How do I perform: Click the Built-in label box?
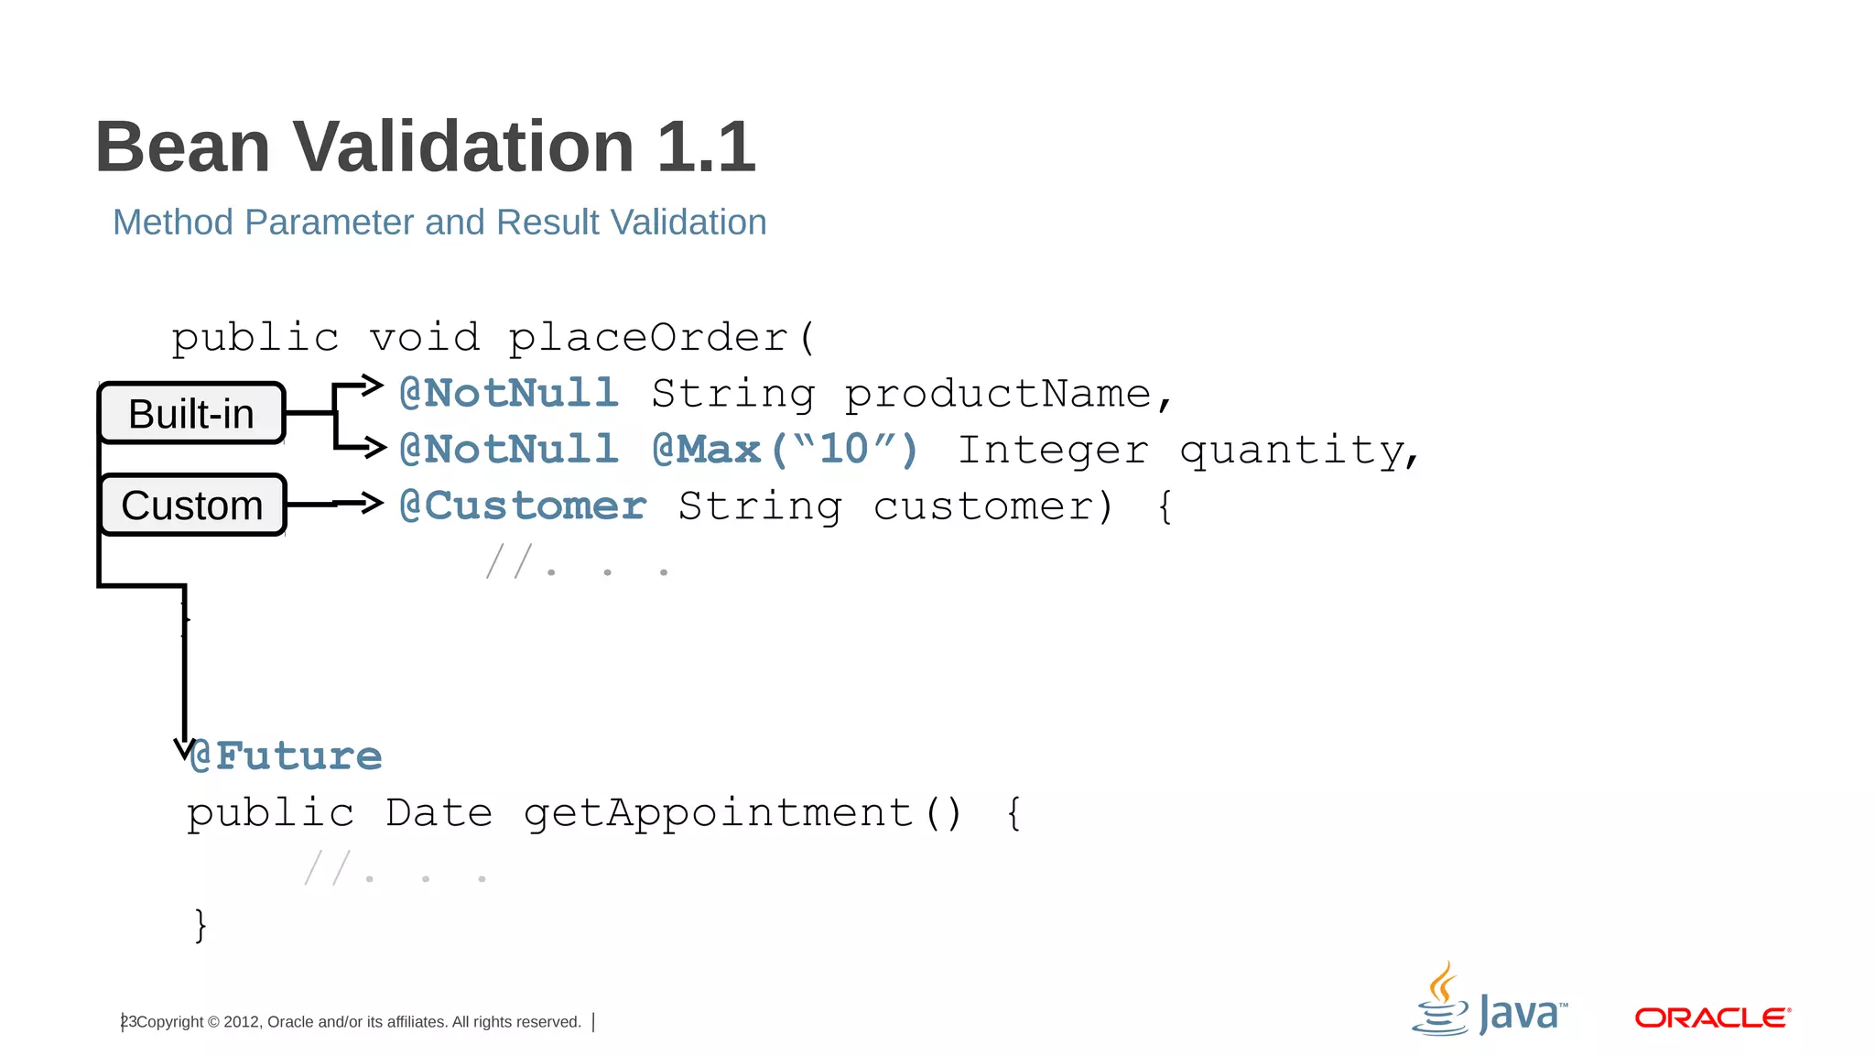(x=191, y=414)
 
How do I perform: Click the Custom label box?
(x=192, y=506)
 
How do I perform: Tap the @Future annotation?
(x=286, y=756)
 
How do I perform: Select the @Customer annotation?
(x=523, y=506)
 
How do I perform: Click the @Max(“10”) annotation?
(x=785, y=450)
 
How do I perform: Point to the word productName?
(x=998, y=395)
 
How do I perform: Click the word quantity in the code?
(x=1292, y=451)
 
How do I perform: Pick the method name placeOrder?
(x=648, y=338)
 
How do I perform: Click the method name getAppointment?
(x=718, y=813)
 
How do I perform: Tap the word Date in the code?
(x=439, y=813)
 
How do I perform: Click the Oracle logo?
(x=1712, y=1017)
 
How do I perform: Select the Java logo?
(x=1490, y=1002)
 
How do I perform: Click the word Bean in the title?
(x=183, y=147)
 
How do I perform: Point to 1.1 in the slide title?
(x=706, y=147)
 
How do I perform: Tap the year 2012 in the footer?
(x=241, y=1022)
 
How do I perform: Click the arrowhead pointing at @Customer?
(x=371, y=502)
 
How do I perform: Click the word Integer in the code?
(x=1053, y=451)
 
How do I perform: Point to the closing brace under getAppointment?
(x=201, y=925)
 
